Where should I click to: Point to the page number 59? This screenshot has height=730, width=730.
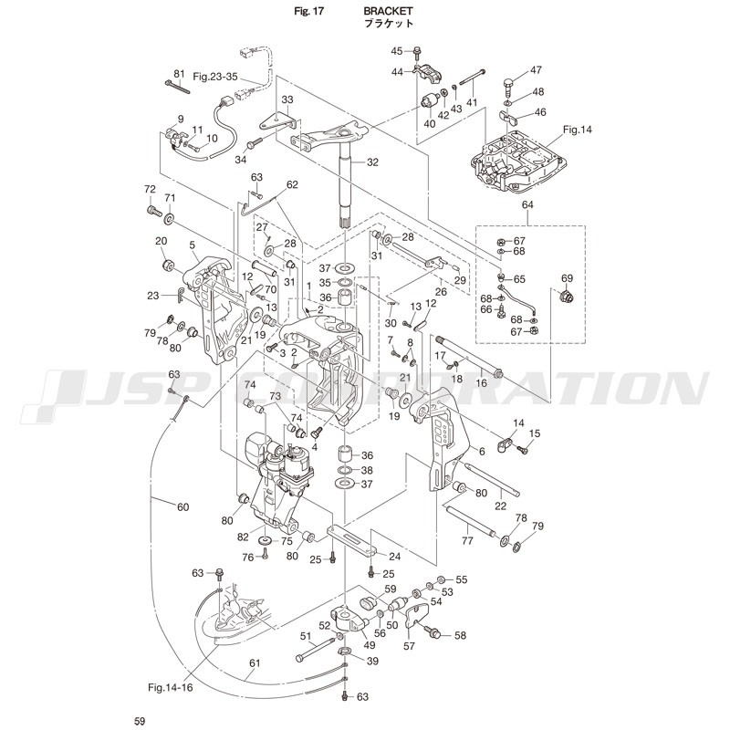tap(139, 722)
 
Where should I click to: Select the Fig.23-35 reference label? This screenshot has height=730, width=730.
tap(215, 77)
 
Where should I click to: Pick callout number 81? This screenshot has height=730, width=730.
tap(179, 73)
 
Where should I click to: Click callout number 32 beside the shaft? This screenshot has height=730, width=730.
tap(372, 162)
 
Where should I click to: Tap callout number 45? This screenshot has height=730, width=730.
tap(397, 50)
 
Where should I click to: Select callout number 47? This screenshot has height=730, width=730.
tap(536, 70)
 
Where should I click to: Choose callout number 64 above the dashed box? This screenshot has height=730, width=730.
tap(527, 205)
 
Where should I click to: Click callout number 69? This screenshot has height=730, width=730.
tap(566, 277)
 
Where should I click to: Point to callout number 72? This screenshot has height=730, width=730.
tap(151, 189)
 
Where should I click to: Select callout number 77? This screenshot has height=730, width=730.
tap(466, 540)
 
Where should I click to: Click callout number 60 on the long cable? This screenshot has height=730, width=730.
tap(182, 507)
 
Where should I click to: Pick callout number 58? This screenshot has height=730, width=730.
tap(460, 635)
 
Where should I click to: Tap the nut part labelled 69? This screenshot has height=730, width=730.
tap(566, 296)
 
